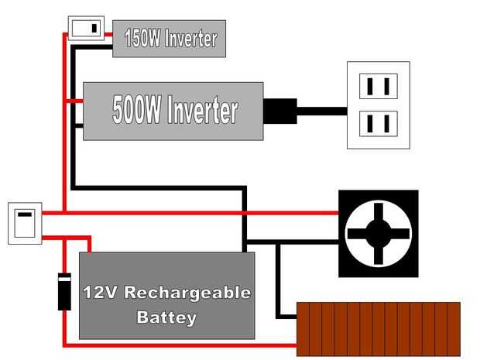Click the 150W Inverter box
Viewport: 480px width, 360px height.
[x=169, y=39]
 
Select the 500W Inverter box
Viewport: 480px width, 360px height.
[x=173, y=111]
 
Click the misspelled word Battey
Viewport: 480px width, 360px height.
[x=166, y=317]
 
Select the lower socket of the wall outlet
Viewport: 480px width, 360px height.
[x=379, y=123]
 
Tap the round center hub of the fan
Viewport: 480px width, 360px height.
[x=378, y=233]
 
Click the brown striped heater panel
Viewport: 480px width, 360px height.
[x=379, y=329]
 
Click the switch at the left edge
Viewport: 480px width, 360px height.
[x=24, y=223]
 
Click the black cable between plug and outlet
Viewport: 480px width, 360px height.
[x=321, y=111]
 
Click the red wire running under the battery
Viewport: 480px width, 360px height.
[x=186, y=342]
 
